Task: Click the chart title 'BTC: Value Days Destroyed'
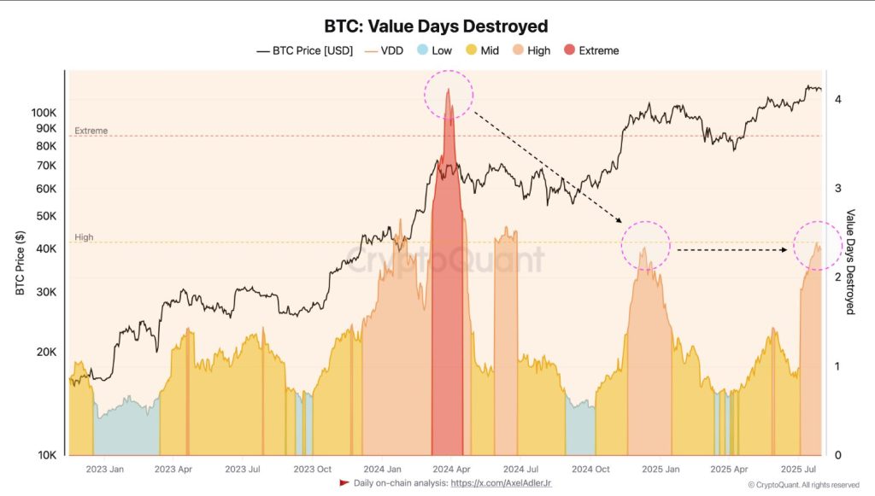pos(436,26)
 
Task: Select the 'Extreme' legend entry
pos(590,50)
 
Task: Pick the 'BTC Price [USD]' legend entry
pos(305,50)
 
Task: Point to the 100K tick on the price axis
pos(43,113)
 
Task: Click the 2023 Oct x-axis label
pos(312,469)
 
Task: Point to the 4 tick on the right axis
pos(838,99)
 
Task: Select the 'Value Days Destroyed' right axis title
pos(850,261)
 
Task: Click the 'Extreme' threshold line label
pos(91,131)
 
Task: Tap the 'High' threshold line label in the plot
pos(84,237)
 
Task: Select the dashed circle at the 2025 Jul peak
pos(818,245)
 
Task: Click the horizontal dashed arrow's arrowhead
pos(784,250)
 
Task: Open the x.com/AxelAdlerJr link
pos(502,483)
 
